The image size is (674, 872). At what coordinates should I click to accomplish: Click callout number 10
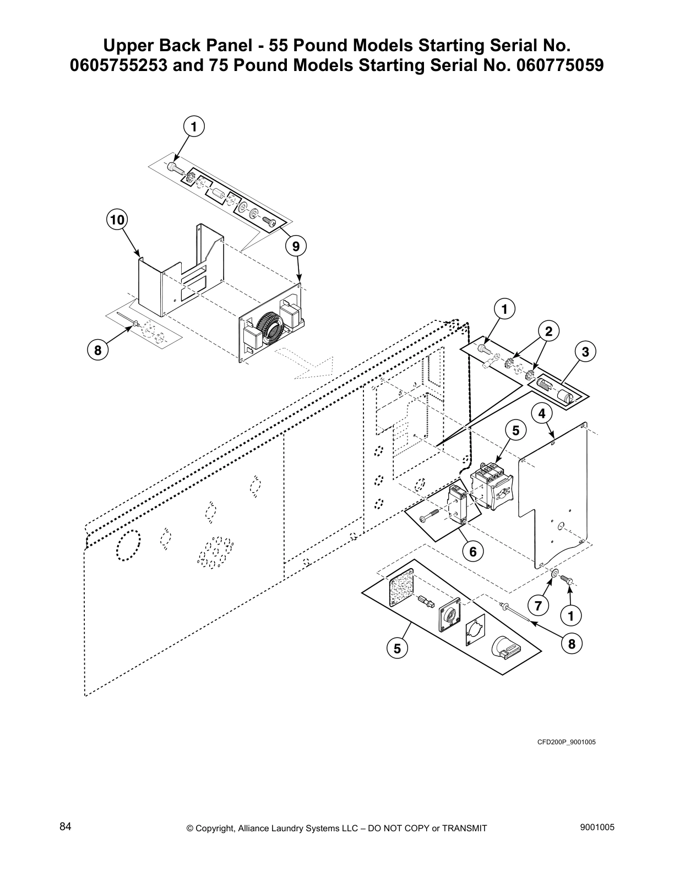point(117,220)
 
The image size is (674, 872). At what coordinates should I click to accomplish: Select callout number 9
point(296,246)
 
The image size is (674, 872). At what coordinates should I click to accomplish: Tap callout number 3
point(585,352)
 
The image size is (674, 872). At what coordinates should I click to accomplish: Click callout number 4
point(542,412)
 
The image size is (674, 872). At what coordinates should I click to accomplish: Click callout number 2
point(548,331)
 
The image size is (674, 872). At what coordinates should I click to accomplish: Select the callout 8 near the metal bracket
point(97,350)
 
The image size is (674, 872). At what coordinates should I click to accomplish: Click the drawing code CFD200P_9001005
point(567,742)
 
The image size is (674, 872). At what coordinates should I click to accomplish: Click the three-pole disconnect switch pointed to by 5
point(492,484)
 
